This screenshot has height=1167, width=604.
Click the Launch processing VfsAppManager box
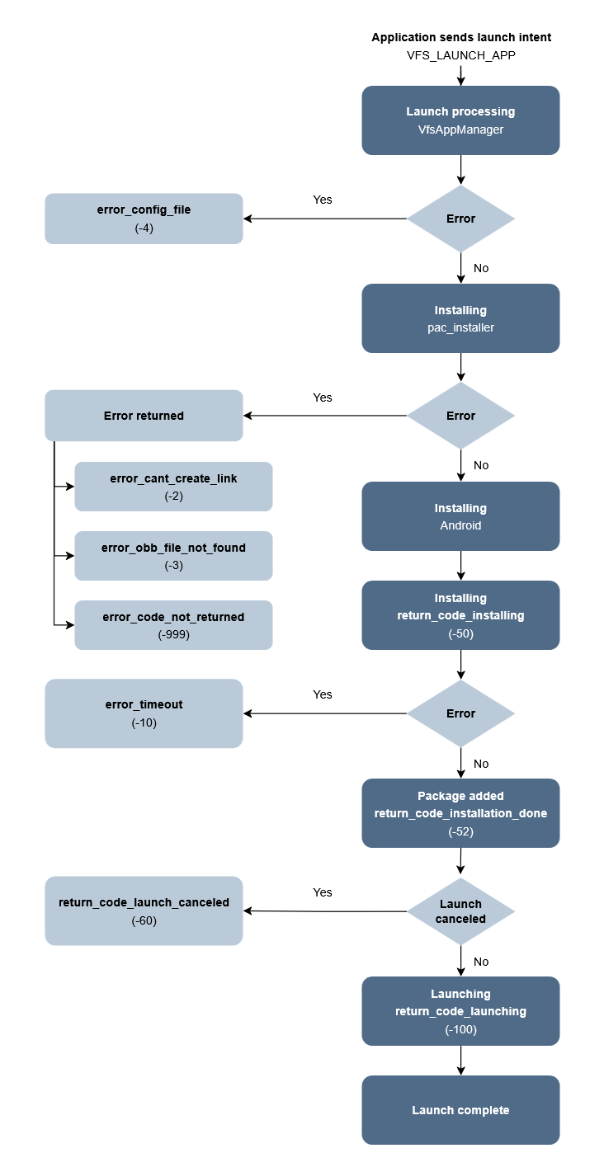click(460, 120)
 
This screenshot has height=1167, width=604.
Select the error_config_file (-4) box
click(144, 219)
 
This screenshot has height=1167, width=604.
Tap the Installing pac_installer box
click(460, 318)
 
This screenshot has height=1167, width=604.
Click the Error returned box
click(144, 416)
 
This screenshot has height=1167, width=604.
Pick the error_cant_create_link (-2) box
click(173, 487)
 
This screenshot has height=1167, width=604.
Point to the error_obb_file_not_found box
click(173, 556)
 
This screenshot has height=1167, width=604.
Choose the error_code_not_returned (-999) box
click(173, 625)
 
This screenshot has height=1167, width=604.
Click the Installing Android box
click(460, 516)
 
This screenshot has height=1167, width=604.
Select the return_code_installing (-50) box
click(460, 615)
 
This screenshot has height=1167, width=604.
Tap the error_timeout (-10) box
click(144, 713)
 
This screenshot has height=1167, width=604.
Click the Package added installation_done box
click(460, 813)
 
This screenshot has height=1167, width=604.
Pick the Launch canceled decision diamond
click(460, 911)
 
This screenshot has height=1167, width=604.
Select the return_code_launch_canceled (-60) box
click(144, 911)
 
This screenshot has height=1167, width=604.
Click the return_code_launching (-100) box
click(460, 1011)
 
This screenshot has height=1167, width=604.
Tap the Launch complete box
click(460, 1110)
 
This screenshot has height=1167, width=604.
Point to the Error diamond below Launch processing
click(460, 219)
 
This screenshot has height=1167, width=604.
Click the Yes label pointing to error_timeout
click(323, 694)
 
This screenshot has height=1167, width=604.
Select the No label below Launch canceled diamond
click(481, 962)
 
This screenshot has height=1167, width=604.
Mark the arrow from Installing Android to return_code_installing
click(460, 566)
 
